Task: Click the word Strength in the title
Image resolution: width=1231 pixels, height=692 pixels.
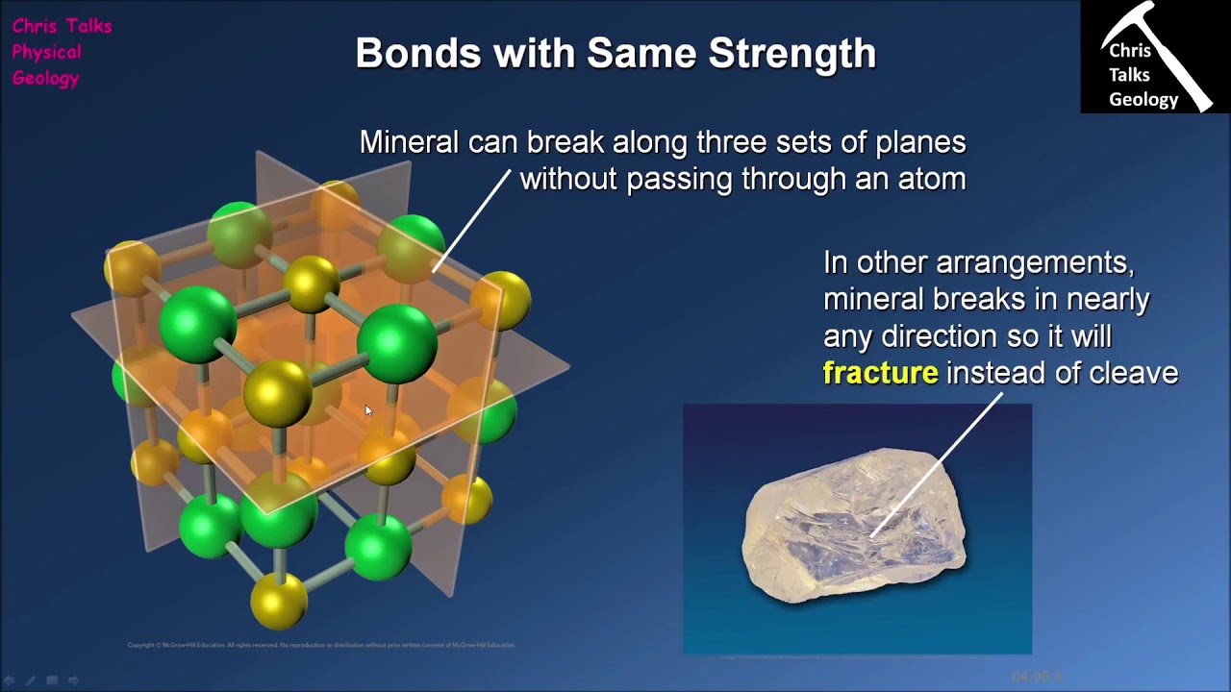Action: pos(792,54)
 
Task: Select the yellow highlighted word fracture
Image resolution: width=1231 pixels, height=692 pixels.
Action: pos(880,373)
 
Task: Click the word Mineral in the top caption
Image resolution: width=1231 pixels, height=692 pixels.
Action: pos(409,143)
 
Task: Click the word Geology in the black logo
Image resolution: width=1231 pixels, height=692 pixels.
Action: pos(1143,100)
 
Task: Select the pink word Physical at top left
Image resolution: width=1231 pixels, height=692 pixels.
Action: pos(46,52)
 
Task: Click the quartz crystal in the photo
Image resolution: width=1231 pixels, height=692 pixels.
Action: pos(854,527)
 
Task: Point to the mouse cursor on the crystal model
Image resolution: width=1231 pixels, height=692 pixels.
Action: pos(368,411)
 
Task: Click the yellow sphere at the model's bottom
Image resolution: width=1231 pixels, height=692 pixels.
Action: pos(279,599)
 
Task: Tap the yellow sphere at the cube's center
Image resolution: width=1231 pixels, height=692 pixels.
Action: pos(277,394)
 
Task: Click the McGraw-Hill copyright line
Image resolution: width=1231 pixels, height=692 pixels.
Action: pos(321,645)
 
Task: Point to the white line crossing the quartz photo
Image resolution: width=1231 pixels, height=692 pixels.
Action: pos(923,481)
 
